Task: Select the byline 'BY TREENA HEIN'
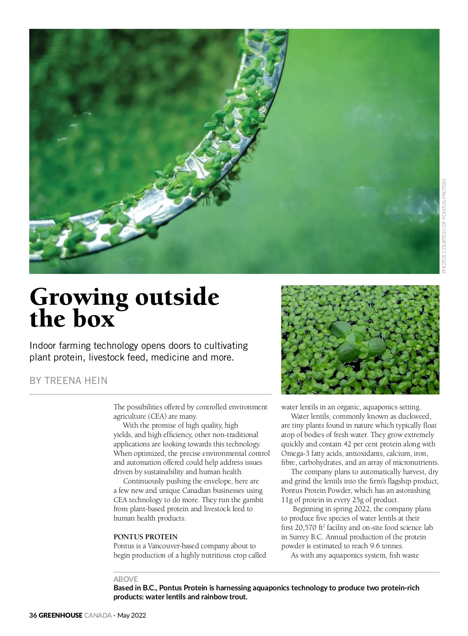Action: pyautogui.click(x=69, y=380)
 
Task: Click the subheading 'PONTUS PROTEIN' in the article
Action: pyautogui.click(x=145, y=537)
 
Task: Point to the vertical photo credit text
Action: pyautogui.click(x=444, y=226)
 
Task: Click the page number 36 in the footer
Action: pyautogui.click(x=33, y=615)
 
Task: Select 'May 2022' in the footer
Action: pyautogui.click(x=132, y=615)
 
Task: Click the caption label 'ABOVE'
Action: pyautogui.click(x=126, y=579)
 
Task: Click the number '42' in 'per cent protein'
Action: pyautogui.click(x=348, y=444)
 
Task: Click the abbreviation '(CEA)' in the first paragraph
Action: pyautogui.click(x=157, y=416)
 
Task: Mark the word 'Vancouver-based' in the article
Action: pyautogui.click(x=172, y=546)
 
